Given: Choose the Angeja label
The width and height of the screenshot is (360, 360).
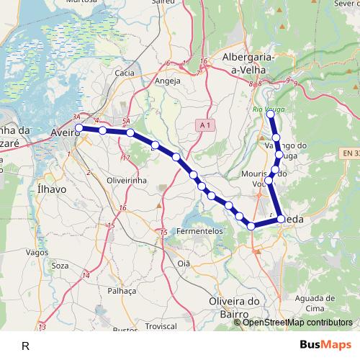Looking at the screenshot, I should pos(168,81).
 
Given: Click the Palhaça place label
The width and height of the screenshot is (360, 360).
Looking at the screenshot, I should pos(121,291).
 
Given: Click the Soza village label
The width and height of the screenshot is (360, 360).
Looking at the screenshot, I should pos(60,266).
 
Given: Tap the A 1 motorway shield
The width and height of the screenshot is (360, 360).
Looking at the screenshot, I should pos(206,125).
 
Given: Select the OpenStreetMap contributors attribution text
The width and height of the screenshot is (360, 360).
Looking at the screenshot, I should pos(297,323).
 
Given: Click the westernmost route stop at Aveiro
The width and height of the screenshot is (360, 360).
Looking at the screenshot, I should pos(79,127).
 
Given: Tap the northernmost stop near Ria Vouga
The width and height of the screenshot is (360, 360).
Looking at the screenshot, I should pos(271,114).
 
